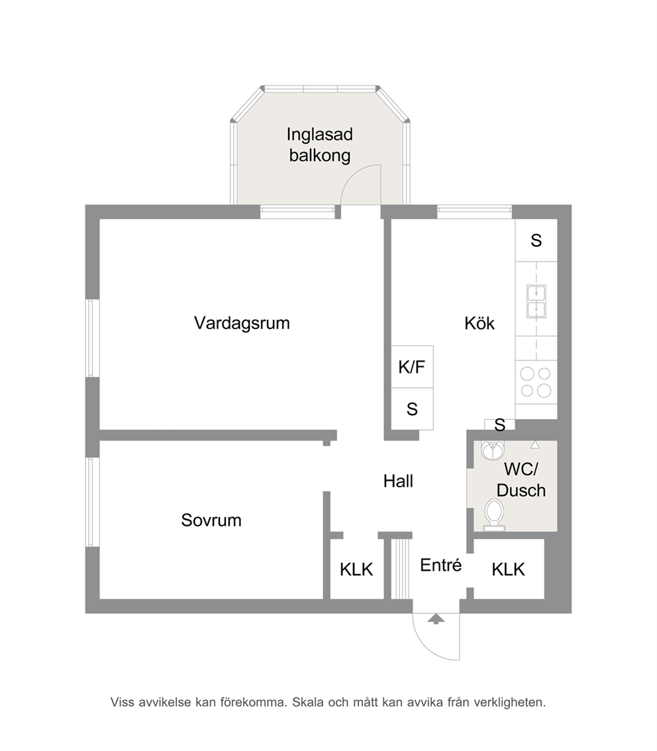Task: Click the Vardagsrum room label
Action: [242, 323]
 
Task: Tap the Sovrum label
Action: [211, 520]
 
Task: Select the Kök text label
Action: [480, 323]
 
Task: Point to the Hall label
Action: [398, 481]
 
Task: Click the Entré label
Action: [440, 565]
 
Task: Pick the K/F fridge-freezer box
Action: [413, 367]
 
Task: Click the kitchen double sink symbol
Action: [536, 301]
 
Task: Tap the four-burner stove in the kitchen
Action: [536, 382]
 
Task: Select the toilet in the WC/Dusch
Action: [494, 515]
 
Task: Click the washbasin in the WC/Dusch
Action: [493, 450]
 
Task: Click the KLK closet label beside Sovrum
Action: [356, 570]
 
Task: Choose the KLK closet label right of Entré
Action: [508, 570]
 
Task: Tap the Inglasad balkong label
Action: [319, 144]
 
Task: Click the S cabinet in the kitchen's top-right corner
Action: [536, 240]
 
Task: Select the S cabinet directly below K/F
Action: [413, 409]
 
